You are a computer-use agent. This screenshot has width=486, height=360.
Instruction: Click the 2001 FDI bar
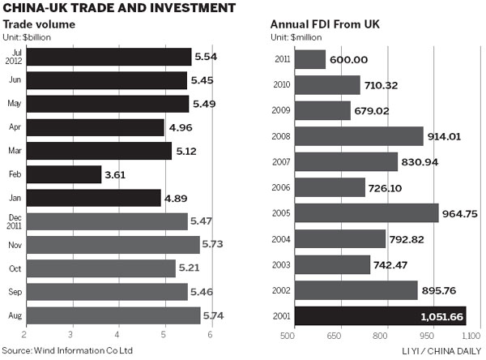(380, 316)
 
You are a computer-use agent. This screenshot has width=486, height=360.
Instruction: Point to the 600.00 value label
(348, 60)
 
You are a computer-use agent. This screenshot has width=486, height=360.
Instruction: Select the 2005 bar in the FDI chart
(367, 212)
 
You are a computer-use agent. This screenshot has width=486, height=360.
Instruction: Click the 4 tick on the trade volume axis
(117, 335)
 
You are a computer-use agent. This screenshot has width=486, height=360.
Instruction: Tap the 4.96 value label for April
(181, 127)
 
